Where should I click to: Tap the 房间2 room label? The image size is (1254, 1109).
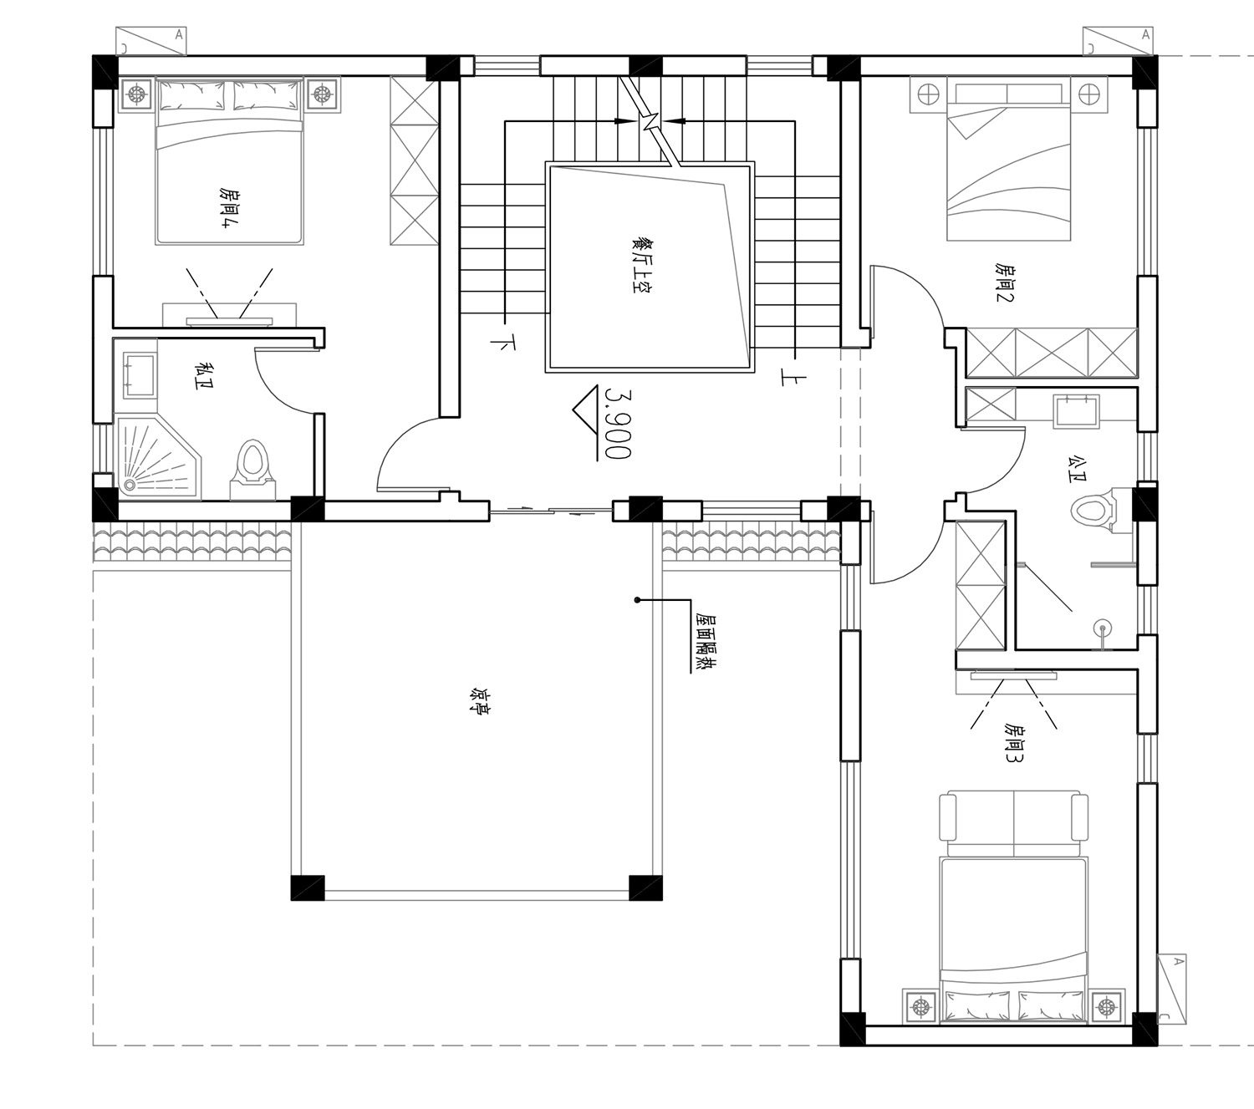pos(1005,282)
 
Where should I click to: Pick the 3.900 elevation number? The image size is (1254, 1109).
pos(618,424)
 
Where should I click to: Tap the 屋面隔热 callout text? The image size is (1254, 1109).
pos(706,644)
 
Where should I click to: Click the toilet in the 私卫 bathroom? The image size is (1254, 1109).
pos(252,470)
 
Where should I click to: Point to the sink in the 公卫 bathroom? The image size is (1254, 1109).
pos(1077,411)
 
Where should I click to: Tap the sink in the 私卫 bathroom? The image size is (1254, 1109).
pos(140,375)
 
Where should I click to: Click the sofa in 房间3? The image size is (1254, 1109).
pos(1013,816)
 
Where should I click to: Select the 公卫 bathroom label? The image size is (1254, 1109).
pos(1077,469)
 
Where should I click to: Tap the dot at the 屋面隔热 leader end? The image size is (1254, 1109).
pos(637,600)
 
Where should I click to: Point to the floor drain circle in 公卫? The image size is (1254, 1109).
pos(1102,628)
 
